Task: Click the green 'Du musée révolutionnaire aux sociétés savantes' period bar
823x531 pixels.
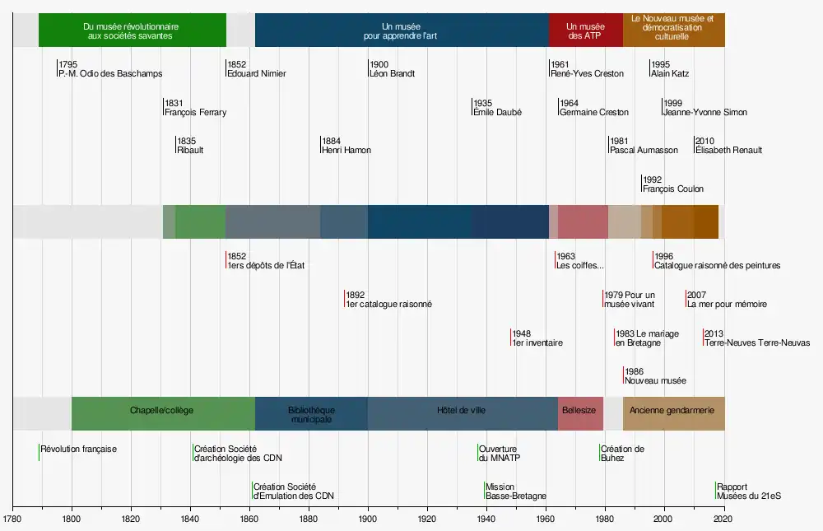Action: click(x=132, y=30)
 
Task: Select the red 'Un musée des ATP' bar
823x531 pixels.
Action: click(x=585, y=30)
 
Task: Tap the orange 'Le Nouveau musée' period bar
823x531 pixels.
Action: click(x=673, y=30)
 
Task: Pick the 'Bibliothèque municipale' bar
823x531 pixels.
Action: click(x=311, y=413)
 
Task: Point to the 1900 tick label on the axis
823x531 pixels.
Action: click(x=368, y=519)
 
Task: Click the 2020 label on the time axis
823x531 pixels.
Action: click(x=723, y=519)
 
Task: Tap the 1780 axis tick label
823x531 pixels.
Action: click(x=12, y=519)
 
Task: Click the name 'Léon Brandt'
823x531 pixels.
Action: click(x=392, y=73)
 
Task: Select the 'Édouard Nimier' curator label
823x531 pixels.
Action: click(x=257, y=73)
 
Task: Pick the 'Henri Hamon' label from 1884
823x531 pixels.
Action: click(x=346, y=151)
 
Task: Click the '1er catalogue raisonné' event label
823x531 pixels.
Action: click(x=389, y=305)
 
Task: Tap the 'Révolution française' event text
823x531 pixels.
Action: click(x=79, y=449)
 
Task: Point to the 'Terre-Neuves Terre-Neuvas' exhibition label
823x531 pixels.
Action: click(x=756, y=342)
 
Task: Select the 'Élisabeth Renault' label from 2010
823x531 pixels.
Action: click(x=728, y=151)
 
